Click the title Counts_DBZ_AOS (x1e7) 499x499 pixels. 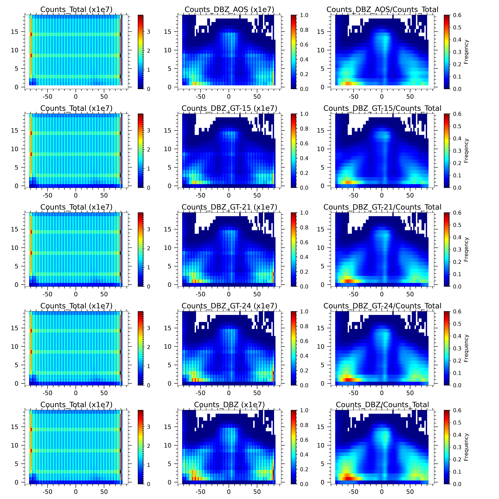point(229,10)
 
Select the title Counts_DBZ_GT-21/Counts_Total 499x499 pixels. point(382,207)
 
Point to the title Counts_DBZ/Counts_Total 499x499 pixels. point(382,405)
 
